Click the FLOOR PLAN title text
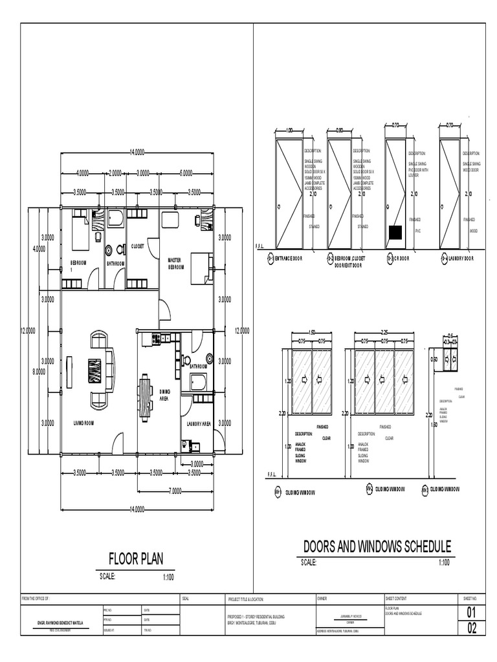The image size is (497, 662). coord(136,559)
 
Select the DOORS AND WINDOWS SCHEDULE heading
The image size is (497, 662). coord(377,546)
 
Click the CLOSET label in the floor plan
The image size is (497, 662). coord(137,246)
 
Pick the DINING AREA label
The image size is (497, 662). coord(165,395)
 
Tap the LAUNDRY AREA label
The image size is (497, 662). coord(199,424)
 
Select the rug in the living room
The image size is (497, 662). coord(95,372)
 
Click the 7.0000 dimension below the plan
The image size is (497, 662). coord(175,491)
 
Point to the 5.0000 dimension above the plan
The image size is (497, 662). coord(186,173)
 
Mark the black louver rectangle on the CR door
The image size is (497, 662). coord(394,231)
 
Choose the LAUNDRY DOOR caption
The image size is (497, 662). coord(458,259)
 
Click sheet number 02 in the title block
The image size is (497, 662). coord(471,628)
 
